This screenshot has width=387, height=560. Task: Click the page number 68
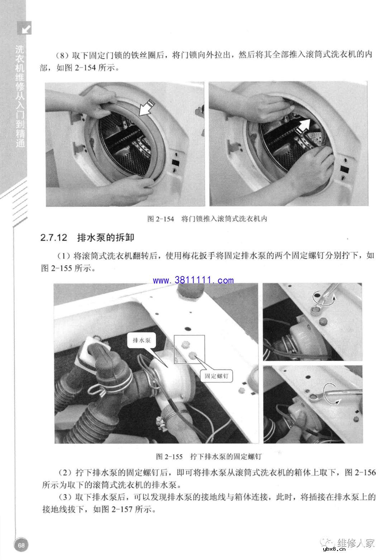[x=21, y=545]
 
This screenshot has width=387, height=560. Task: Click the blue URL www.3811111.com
[x=194, y=280]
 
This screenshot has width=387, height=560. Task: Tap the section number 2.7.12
[x=54, y=237]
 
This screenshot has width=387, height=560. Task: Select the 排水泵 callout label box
[x=142, y=341]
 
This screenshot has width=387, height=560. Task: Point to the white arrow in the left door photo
[x=147, y=108]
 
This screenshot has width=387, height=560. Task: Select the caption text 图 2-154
[x=160, y=218]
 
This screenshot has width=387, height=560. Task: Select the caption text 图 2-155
[x=169, y=457]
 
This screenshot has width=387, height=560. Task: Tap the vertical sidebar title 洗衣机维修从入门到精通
[x=20, y=97]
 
